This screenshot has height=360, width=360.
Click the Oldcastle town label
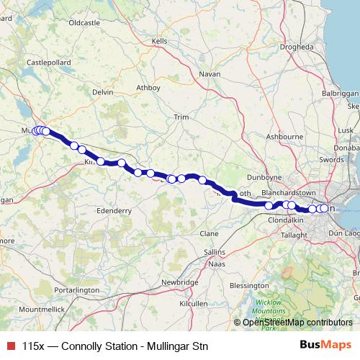point(84,23)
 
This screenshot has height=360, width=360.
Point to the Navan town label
point(210,73)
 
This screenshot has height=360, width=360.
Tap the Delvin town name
point(104,92)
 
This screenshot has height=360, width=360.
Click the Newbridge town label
point(180,282)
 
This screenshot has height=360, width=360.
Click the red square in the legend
point(10,346)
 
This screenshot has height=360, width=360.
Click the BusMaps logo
point(326,345)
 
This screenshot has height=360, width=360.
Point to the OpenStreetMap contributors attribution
point(297,322)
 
